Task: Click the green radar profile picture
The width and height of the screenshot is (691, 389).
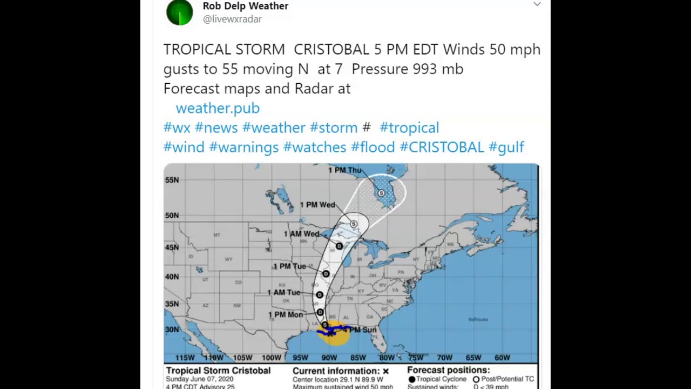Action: pos(180,12)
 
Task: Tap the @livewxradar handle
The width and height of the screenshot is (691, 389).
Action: pos(232,19)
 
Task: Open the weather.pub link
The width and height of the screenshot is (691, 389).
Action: pos(218,108)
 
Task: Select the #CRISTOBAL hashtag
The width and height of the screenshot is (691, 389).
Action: pos(442,147)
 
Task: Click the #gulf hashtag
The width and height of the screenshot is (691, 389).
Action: pos(506,147)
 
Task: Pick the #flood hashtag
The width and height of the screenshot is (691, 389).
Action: pos(373,147)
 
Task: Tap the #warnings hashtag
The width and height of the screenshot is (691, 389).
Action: pos(243,147)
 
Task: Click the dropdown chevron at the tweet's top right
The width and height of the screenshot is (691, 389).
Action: pos(537,4)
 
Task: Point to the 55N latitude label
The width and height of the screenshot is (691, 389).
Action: pos(172,179)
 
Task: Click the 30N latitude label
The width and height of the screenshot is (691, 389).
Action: pos(172,330)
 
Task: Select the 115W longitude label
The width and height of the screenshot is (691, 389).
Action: pos(185,358)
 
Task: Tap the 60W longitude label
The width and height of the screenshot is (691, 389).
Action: pos(502,358)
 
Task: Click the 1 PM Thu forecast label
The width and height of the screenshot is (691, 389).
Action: pos(344,170)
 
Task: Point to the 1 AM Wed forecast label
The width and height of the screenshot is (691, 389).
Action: pos(301,234)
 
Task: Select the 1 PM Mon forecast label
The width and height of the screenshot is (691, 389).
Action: pos(286,314)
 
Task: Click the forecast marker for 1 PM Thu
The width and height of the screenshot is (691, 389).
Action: pos(382,193)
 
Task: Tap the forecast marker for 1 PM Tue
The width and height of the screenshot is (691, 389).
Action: pos(326,274)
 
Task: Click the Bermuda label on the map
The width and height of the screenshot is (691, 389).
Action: pos(478,319)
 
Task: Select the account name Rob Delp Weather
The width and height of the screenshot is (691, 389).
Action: pos(246,6)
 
